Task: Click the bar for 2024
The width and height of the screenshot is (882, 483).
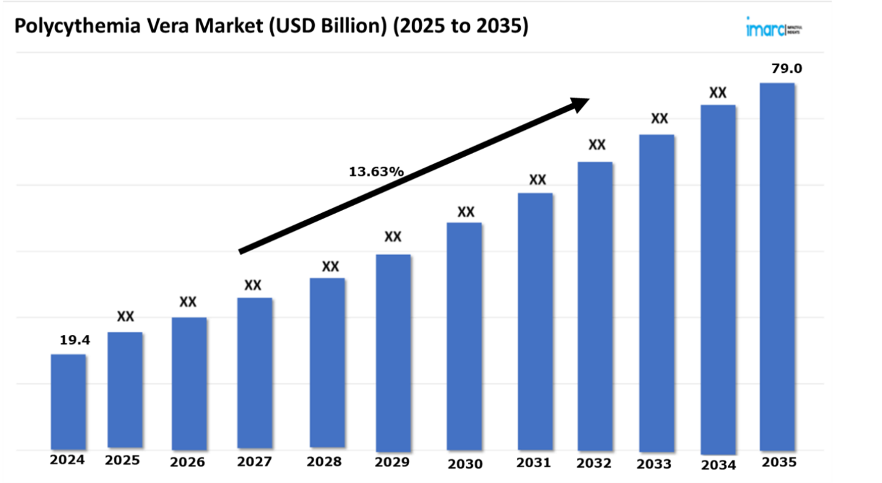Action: (x=68, y=401)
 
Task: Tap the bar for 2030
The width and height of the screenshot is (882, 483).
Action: (x=464, y=337)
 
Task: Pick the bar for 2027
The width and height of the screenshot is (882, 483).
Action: (x=255, y=373)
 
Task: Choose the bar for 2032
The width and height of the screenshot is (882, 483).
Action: (x=595, y=306)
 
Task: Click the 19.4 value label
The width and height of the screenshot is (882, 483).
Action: (x=75, y=341)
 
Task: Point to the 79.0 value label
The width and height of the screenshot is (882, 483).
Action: (x=786, y=69)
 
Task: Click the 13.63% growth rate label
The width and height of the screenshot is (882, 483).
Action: (x=376, y=172)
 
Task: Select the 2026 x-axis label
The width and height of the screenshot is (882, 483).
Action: (x=187, y=461)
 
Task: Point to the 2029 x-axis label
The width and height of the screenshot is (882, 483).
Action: (x=392, y=462)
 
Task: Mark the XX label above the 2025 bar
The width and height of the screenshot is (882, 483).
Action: (x=126, y=316)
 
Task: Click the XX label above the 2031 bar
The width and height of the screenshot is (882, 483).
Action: (x=537, y=180)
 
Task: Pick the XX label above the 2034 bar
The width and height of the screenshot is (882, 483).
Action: (x=717, y=93)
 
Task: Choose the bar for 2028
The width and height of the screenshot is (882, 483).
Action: (x=327, y=362)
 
